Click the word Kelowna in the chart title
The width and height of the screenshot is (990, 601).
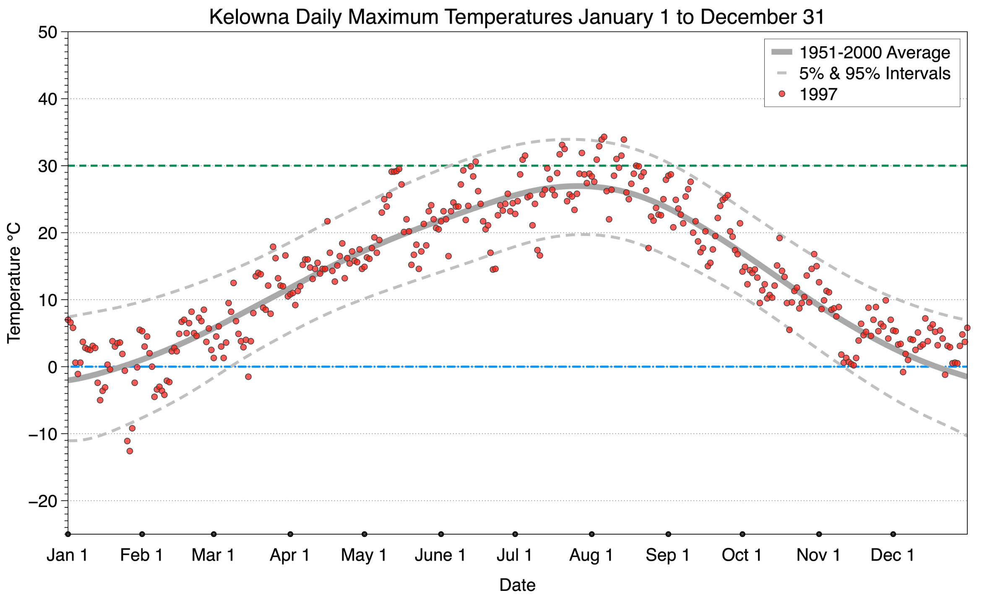click(x=249, y=17)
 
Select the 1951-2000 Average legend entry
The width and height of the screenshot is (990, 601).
click(x=874, y=52)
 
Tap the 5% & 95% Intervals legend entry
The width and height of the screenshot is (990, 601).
click(x=874, y=73)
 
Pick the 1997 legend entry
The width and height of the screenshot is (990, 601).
click(x=818, y=94)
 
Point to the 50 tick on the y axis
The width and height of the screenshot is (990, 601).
click(x=47, y=32)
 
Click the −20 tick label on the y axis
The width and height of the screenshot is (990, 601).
click(x=43, y=501)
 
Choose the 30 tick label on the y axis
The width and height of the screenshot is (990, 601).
click(x=47, y=166)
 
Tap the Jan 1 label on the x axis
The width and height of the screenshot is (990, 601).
click(x=67, y=555)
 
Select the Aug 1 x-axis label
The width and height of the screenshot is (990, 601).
click(x=591, y=555)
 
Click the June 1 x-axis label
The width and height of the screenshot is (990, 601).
click(x=440, y=555)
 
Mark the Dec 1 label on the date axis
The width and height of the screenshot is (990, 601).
click(x=892, y=555)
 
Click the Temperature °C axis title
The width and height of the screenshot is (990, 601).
click(x=14, y=283)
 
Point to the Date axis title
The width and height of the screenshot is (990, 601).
click(x=517, y=585)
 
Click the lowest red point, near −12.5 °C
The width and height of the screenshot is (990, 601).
click(x=130, y=451)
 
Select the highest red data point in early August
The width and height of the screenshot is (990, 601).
click(x=604, y=137)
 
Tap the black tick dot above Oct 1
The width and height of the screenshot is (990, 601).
click(x=742, y=534)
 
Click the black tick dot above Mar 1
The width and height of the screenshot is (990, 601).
click(x=214, y=534)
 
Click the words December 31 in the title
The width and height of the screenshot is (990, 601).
click(x=762, y=17)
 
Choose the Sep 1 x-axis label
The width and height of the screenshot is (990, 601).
click(x=667, y=555)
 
